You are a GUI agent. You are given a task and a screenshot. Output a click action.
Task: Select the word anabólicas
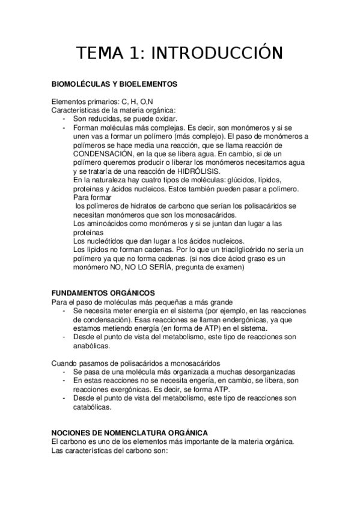coord(92,346)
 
